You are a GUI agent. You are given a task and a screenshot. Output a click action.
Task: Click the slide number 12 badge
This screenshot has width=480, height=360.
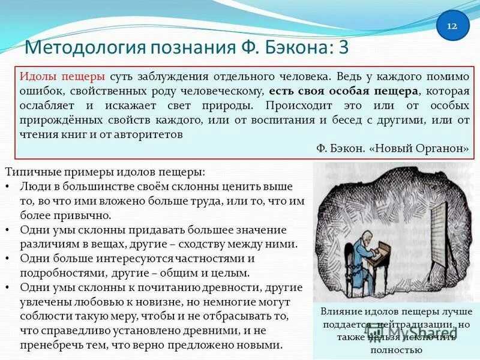click(x=452, y=26)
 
